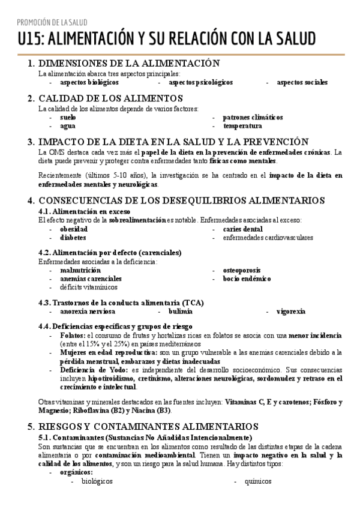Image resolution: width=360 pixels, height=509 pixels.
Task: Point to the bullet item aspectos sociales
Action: click(302, 82)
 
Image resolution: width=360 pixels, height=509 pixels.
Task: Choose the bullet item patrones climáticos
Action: click(253, 118)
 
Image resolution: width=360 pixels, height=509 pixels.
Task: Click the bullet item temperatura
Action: click(242, 126)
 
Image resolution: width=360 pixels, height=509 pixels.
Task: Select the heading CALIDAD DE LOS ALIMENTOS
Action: click(110, 98)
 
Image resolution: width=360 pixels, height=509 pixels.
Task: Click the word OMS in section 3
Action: click(57, 152)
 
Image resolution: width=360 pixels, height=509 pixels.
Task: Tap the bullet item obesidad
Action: click(73, 229)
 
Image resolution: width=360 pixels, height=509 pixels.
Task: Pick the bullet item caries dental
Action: click(242, 229)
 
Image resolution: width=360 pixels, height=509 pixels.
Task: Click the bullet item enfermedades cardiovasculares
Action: click(268, 238)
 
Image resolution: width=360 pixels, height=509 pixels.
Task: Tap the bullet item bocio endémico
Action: click(247, 279)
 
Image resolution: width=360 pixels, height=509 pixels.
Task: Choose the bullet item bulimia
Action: click(181, 312)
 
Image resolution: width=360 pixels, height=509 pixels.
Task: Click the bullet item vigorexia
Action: click(291, 312)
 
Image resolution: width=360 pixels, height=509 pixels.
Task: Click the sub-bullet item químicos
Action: click(259, 481)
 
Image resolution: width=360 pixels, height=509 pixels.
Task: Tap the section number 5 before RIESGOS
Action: click(31, 427)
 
